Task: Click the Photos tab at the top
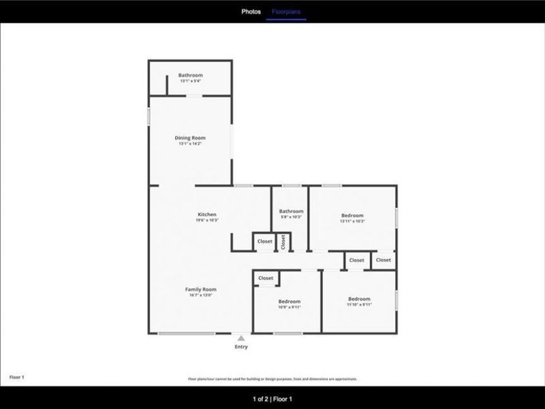(251, 12)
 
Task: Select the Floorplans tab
(286, 12)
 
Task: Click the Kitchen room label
(207, 215)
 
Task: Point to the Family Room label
(201, 289)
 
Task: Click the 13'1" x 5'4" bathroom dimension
(191, 81)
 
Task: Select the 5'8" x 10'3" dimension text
(291, 217)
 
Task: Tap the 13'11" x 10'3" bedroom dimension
(352, 221)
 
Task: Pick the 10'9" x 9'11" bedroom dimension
(290, 307)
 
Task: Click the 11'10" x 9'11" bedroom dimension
(359, 305)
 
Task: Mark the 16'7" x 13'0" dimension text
(201, 295)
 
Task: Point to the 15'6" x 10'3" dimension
(207, 220)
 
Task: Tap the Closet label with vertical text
(283, 242)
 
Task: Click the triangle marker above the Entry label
(241, 337)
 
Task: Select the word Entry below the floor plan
(241, 347)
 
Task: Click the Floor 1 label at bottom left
(16, 376)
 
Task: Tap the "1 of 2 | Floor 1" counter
(272, 399)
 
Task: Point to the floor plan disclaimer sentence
(272, 379)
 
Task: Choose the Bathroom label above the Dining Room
(191, 75)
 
